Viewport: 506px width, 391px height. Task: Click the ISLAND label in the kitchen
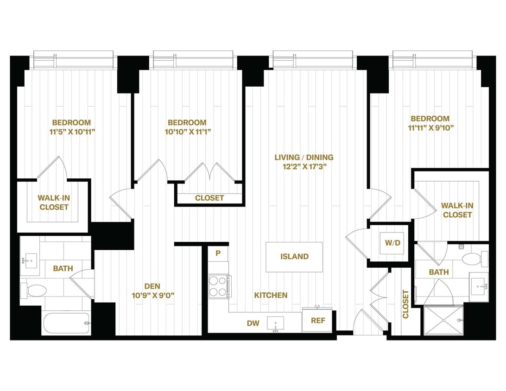(294, 257)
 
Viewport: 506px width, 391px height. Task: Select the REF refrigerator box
(317, 321)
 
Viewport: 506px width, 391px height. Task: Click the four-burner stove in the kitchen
(218, 286)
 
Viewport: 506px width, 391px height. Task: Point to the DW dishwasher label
(253, 322)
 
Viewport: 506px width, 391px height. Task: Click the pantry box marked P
(218, 253)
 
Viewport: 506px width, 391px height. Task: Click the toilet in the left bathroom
(35, 290)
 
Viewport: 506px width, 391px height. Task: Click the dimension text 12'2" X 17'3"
(304, 167)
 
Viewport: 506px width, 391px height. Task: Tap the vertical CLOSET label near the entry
(405, 304)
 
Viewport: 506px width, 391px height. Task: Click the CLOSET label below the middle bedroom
(209, 198)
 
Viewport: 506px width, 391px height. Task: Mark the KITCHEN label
(271, 295)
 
